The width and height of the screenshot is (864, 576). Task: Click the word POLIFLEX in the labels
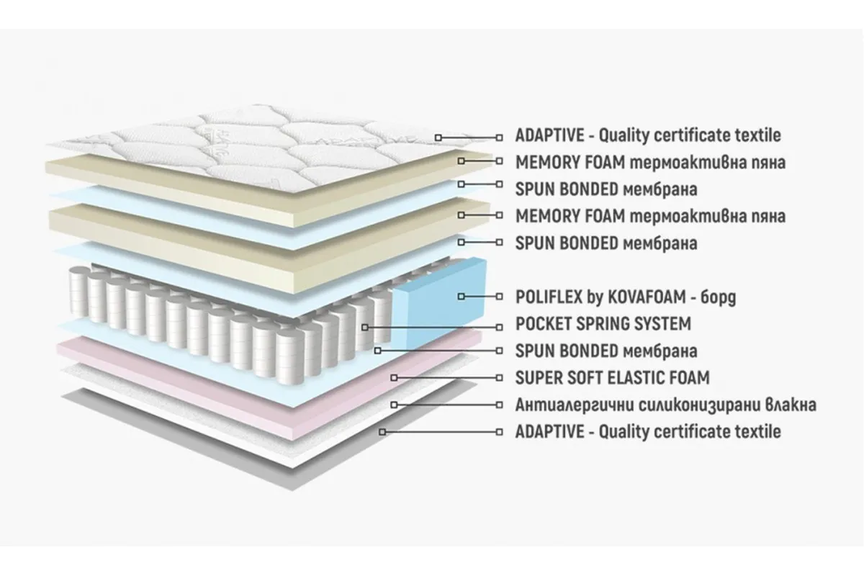click(549, 297)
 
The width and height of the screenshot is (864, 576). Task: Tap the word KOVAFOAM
click(647, 297)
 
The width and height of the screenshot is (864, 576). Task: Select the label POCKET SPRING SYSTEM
click(603, 324)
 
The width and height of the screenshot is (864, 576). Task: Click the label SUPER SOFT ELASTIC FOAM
click(613, 378)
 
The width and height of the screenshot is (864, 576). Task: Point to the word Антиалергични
click(575, 405)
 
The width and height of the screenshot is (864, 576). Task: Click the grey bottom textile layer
click(270, 444)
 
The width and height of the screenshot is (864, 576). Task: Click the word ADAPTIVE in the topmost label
click(550, 135)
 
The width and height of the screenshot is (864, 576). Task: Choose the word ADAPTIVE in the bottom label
click(550, 432)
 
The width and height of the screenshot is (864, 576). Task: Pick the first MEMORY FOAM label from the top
click(650, 163)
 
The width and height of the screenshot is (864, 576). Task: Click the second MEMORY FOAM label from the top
click(650, 216)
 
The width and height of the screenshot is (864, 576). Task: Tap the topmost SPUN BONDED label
click(606, 189)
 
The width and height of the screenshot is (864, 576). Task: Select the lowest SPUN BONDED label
click(606, 351)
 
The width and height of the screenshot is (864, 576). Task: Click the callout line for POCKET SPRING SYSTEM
click(432, 328)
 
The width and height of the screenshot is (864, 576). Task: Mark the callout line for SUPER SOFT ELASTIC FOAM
click(446, 378)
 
